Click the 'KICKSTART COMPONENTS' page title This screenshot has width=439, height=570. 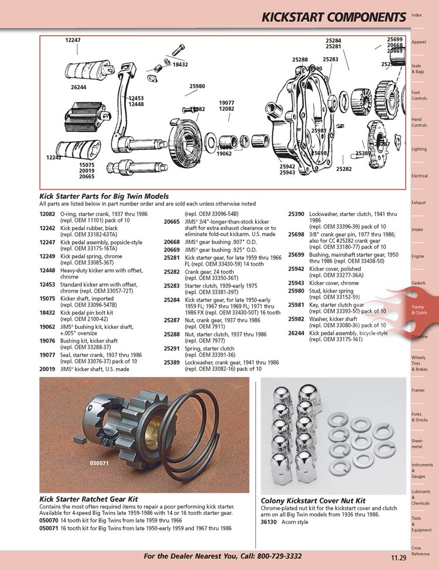pyautogui.click(x=333, y=17)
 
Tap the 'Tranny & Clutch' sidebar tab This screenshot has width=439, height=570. pyautogui.click(x=419, y=310)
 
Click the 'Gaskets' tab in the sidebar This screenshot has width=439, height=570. pyautogui.click(x=419, y=283)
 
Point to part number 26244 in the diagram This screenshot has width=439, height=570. pyautogui.click(x=78, y=87)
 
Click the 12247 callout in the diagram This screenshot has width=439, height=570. pyautogui.click(x=73, y=39)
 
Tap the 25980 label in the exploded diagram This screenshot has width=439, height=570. pyautogui.click(x=197, y=86)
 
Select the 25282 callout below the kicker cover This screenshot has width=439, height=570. pyautogui.click(x=344, y=169)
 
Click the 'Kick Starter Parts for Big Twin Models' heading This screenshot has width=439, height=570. pyautogui.click(x=104, y=196)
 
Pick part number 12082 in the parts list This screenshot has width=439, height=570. pyautogui.click(x=47, y=214)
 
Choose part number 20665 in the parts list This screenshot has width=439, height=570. pyautogui.click(x=172, y=222)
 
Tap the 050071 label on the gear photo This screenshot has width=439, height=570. pyautogui.click(x=100, y=462)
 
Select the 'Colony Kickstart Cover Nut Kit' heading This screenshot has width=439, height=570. pyautogui.click(x=313, y=501)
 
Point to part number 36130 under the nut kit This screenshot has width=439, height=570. pyautogui.click(x=269, y=523)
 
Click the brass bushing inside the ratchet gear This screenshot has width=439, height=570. pyautogui.click(x=153, y=434)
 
